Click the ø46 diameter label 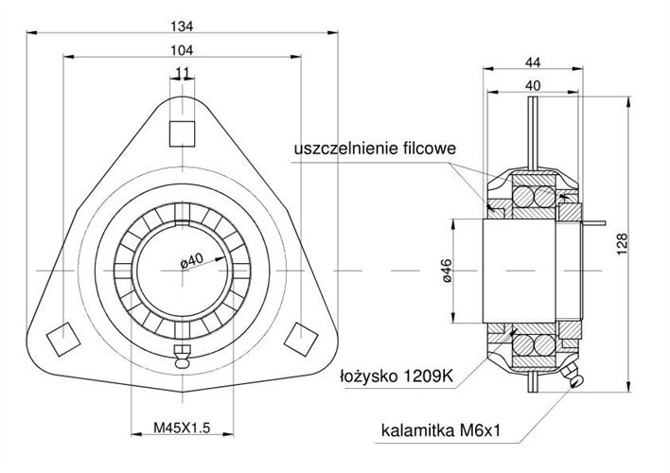447,273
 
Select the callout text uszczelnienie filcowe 376,149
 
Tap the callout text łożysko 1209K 397,376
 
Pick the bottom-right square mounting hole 303,337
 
